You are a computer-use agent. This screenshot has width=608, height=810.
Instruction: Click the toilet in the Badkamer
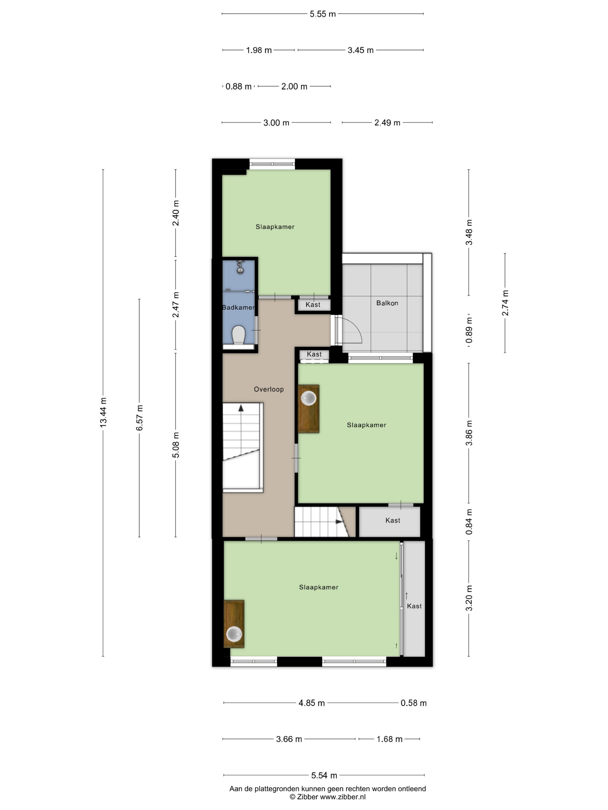(x=239, y=335)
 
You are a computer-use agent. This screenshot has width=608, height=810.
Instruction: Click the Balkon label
(x=387, y=303)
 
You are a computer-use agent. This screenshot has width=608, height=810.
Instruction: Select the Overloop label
(x=269, y=389)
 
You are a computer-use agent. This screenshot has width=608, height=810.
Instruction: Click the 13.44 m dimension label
(x=103, y=412)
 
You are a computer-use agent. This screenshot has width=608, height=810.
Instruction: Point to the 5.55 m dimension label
(x=323, y=14)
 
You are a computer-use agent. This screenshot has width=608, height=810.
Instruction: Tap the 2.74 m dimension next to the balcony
(x=505, y=303)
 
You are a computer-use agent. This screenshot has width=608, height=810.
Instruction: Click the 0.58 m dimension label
(x=413, y=703)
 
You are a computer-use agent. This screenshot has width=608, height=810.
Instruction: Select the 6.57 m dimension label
(x=140, y=418)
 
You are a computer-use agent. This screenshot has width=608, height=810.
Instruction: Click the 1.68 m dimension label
(x=390, y=739)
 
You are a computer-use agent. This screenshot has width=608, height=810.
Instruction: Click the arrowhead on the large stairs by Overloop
(x=241, y=408)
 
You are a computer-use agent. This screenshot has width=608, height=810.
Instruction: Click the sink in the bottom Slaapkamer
(x=234, y=634)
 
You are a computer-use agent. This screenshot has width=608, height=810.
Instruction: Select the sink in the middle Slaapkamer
(x=309, y=398)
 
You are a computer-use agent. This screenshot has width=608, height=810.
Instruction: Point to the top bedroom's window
(x=272, y=164)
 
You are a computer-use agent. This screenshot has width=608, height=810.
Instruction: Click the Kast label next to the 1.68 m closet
(x=393, y=520)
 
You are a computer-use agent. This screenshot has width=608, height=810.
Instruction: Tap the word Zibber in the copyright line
(x=307, y=796)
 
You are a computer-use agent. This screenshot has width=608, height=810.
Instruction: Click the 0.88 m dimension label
(x=238, y=86)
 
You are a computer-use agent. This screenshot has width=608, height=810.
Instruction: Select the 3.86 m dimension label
(x=469, y=433)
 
